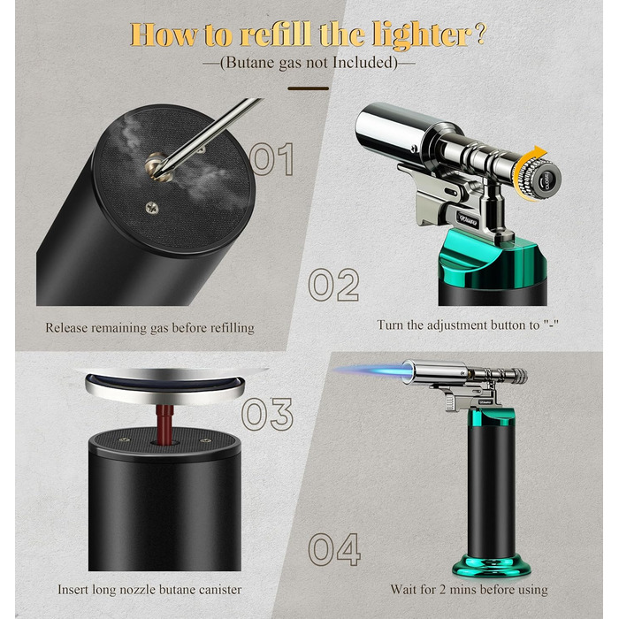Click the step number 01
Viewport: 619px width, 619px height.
pos(272,159)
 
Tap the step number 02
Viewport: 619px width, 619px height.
pos(333,284)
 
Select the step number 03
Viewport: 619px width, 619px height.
pos(268,414)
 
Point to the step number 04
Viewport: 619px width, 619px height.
pos(334,549)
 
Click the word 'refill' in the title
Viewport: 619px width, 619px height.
pos(276,34)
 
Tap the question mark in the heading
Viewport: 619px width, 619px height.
pos(481,34)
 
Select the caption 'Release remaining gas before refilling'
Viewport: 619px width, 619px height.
pos(149,328)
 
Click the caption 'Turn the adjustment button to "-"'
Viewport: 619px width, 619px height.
pos(468,325)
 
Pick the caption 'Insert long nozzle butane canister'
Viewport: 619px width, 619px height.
pos(149,590)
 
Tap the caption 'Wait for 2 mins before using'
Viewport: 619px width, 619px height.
pos(469,590)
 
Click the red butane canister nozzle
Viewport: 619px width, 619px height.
pos(165,424)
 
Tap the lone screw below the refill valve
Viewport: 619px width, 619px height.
pos(152,207)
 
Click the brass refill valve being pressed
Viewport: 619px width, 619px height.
pos(158,166)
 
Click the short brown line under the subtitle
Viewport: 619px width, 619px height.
pos(308,88)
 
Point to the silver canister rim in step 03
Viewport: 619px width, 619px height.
pos(165,388)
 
